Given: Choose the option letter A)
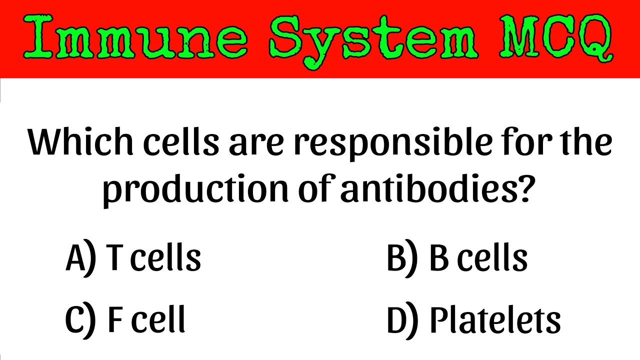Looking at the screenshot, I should click(x=80, y=259).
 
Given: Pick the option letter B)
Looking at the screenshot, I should click(x=401, y=259).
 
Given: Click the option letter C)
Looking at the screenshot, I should click(x=80, y=320).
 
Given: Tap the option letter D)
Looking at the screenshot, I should click(x=401, y=320).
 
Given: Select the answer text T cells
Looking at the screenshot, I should click(x=154, y=258).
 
